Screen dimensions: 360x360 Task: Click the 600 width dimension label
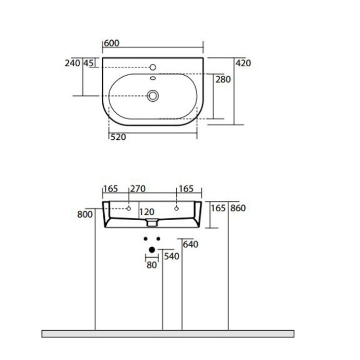[x=111, y=43]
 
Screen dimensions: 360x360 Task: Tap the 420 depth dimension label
[x=243, y=63]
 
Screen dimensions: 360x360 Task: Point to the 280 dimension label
[x=223, y=79]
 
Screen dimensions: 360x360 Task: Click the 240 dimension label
[x=72, y=63]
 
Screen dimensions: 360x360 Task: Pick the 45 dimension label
[x=88, y=63]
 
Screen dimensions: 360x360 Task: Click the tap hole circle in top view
[x=153, y=67]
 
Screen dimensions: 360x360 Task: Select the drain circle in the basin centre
[x=153, y=95]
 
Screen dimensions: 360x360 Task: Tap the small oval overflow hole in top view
[x=153, y=79]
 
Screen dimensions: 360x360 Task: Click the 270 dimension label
[x=137, y=188]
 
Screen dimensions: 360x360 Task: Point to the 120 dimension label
[x=147, y=212]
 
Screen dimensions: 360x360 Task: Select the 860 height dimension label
[x=237, y=208]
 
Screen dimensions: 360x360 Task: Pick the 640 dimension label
[x=191, y=244]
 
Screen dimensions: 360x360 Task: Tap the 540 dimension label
[x=172, y=256]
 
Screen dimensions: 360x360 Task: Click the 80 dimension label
[x=151, y=265]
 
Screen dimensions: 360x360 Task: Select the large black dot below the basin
[x=152, y=250]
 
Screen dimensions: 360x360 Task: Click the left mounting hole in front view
[x=128, y=208]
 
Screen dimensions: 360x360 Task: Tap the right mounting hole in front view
[x=176, y=208]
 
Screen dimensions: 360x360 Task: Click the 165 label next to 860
[x=218, y=208]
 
